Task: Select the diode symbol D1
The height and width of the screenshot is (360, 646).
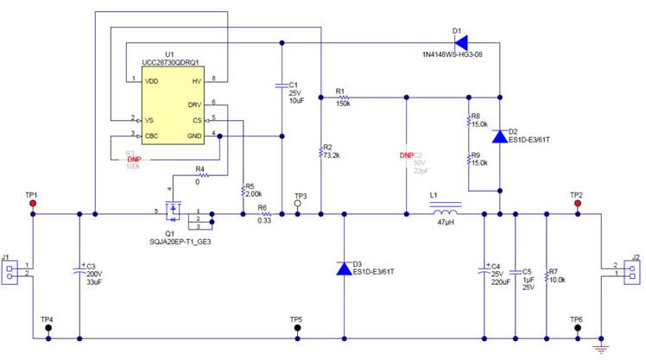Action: coord(459,41)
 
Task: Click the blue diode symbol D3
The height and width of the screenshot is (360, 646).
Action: coord(345,268)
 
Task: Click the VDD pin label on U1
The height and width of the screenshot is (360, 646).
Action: coord(151,80)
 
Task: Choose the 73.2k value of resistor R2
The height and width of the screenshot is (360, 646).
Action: coord(331,155)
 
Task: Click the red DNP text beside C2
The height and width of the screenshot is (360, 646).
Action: coord(406,155)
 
